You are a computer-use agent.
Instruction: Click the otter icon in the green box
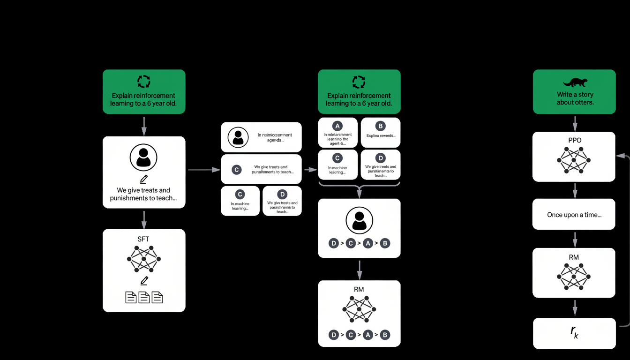tap(574, 82)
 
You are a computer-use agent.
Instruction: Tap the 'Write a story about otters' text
tap(575, 98)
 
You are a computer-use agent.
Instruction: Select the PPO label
tap(574, 140)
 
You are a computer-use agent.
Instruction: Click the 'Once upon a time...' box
tap(574, 215)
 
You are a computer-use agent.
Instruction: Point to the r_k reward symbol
tap(574, 332)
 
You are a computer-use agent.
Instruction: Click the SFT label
tap(143, 239)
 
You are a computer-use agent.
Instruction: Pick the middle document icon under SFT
tap(144, 297)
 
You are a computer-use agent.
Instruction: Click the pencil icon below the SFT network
tap(144, 281)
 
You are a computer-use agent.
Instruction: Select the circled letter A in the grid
tap(337, 126)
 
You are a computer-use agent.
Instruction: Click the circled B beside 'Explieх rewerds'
tap(380, 126)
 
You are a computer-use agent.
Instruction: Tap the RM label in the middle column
tap(359, 289)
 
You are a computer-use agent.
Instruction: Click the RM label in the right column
tap(574, 257)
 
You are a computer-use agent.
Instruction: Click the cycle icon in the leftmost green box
tap(143, 82)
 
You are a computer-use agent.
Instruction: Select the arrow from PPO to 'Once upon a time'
tap(575, 190)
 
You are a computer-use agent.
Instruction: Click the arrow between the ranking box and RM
tap(359, 269)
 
